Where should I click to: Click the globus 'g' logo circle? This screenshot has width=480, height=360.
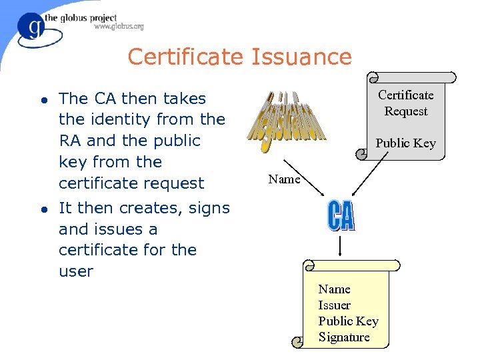click(30, 28)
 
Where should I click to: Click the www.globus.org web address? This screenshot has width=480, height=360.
click(119, 27)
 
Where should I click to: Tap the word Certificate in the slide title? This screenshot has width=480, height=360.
click(187, 57)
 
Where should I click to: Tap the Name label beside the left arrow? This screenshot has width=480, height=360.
click(284, 179)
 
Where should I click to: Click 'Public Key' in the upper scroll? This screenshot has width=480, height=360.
click(405, 143)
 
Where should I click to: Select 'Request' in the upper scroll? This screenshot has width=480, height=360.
click(405, 111)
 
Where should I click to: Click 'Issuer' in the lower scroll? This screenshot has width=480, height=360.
click(334, 305)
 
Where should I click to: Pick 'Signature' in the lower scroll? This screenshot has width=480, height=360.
click(343, 337)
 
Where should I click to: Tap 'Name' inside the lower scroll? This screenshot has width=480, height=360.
click(334, 289)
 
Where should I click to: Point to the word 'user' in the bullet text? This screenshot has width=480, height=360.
click(75, 271)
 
